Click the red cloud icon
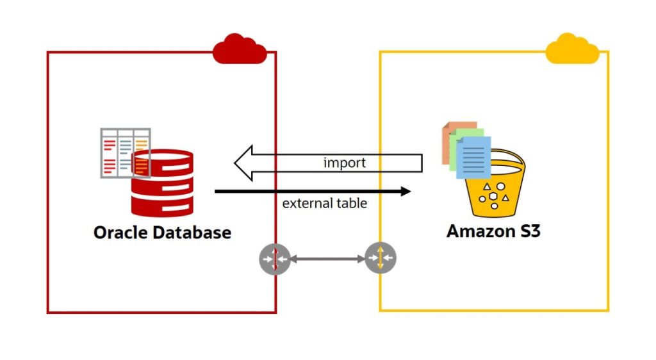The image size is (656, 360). tap(240, 49)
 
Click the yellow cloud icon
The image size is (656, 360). tap(572, 49)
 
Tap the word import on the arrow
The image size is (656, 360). tap(344, 163)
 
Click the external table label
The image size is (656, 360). tap(325, 204)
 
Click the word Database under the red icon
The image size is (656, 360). tap(193, 232)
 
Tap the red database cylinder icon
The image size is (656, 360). tap(162, 186)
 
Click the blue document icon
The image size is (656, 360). tap(474, 158)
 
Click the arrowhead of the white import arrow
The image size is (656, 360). tap(243, 163)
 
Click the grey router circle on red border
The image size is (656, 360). tap(275, 259)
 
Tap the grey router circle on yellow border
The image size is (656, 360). tap(381, 259)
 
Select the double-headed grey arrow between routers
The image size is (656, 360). tap(328, 259)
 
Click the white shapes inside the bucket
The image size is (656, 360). tap(493, 195)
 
